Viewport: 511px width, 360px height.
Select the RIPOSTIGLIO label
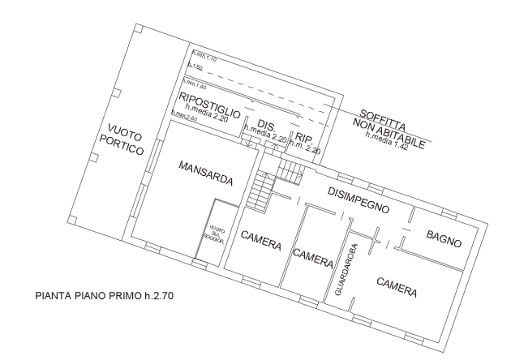coord(209,105)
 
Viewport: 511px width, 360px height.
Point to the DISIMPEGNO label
coord(359,199)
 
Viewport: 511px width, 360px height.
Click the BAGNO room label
coord(444,240)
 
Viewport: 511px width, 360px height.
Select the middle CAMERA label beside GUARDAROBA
coord(312,258)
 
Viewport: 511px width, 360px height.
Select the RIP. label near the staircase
coord(305,137)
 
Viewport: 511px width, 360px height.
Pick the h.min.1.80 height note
coord(195,84)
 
